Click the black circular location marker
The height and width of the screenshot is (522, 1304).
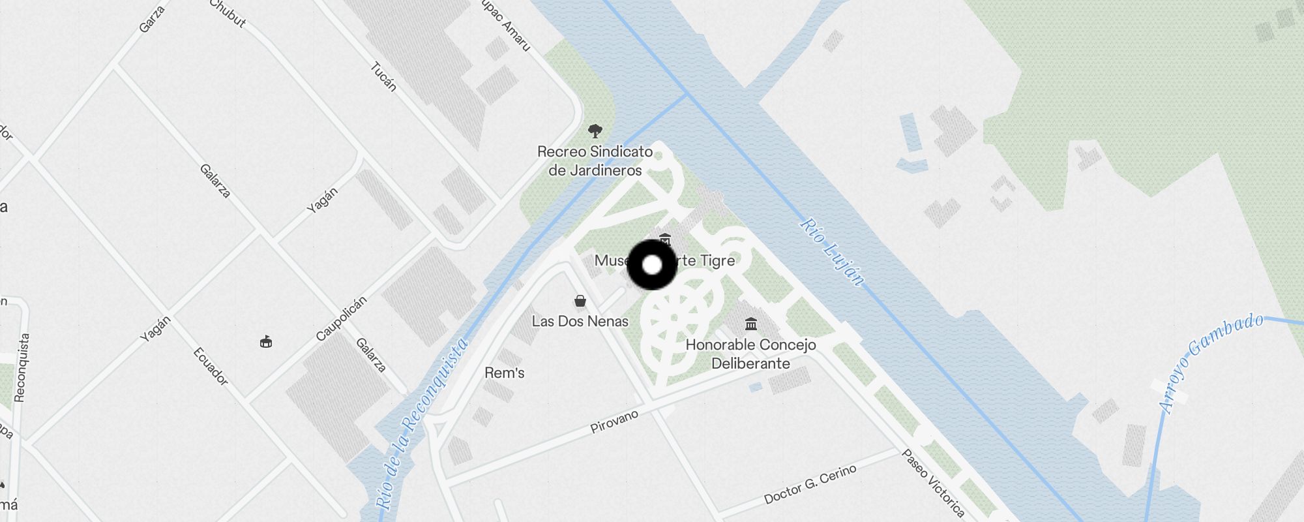click(652, 265)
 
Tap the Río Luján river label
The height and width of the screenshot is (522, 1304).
click(833, 252)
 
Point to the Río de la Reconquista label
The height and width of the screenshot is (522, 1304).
click(422, 424)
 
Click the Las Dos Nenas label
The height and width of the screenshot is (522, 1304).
click(580, 321)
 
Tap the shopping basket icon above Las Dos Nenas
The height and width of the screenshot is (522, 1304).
click(580, 301)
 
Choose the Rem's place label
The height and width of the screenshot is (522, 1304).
click(504, 373)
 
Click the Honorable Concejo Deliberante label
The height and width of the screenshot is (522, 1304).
click(750, 354)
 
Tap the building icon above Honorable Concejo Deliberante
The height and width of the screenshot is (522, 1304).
click(750, 324)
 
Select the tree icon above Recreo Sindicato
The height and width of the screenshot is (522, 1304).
click(595, 131)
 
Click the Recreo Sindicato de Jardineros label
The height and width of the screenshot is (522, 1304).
click(595, 161)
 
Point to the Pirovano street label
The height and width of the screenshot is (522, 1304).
click(614, 422)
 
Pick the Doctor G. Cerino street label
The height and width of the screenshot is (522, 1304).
click(810, 484)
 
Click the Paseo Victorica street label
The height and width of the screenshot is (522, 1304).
click(932, 483)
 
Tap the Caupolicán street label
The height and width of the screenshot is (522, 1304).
click(341, 318)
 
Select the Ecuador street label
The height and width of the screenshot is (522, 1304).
click(211, 366)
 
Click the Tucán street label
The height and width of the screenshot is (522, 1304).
click(383, 76)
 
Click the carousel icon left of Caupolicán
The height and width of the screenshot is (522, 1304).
click(266, 341)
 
